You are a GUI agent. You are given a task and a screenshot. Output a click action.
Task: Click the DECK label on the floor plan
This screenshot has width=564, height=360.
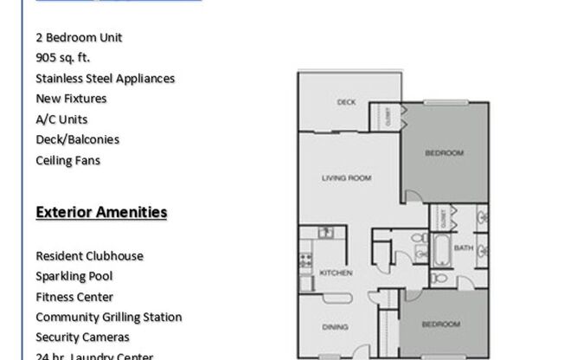346,102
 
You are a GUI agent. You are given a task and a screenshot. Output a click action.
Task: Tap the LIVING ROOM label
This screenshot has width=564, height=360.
346,178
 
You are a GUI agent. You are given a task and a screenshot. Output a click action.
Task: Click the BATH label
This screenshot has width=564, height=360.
464,247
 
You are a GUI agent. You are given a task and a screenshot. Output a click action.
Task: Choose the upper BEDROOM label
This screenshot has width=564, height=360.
444,153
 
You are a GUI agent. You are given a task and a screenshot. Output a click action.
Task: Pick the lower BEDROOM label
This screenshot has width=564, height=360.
439,325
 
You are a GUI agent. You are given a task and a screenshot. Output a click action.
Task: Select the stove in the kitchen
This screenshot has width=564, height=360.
304,257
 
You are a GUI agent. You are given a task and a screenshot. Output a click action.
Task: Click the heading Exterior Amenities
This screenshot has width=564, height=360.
101,212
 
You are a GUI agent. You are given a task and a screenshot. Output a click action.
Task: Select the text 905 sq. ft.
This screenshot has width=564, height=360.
63,58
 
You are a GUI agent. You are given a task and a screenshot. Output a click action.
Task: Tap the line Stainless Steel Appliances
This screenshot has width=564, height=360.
106,78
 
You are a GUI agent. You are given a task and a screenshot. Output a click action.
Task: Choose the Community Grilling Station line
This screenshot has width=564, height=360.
108,317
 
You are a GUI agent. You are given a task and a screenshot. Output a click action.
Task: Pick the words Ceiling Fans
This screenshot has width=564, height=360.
68,160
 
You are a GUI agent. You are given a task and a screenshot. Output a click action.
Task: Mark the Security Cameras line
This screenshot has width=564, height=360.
83,337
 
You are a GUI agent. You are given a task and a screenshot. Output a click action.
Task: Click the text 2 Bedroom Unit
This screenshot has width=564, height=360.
79,37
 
